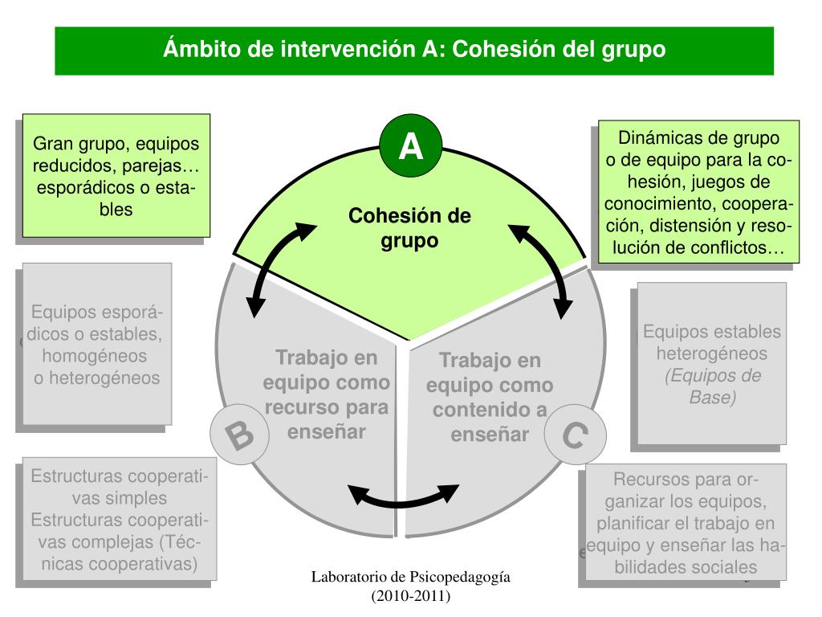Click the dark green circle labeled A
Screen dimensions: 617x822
411,148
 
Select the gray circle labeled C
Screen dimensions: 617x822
573,437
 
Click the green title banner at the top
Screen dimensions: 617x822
414,51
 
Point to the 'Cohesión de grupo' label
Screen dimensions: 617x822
409,228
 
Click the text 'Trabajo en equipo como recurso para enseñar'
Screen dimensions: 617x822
326,394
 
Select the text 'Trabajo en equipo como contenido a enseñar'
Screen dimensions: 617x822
490,398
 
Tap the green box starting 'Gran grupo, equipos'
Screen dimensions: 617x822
116,176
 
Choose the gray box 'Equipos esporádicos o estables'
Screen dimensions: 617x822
97,344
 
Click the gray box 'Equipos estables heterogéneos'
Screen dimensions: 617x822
712,362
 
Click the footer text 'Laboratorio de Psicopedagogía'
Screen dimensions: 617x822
411,578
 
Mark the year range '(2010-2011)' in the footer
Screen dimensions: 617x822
411,596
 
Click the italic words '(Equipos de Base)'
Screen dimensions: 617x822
712,386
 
